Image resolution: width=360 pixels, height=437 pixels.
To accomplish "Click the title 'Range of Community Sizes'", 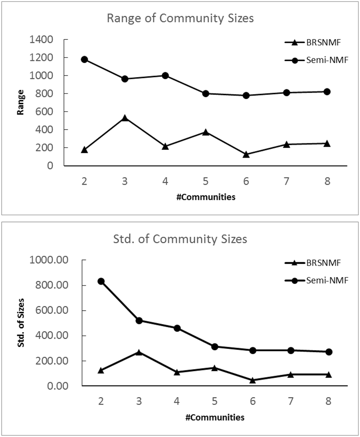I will (x=180, y=19).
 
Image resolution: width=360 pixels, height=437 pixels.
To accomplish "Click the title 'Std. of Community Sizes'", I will (x=180, y=239).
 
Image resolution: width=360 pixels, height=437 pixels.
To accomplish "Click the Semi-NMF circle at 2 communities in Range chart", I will (x=85, y=59).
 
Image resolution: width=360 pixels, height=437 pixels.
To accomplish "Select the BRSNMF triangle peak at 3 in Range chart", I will (x=125, y=118).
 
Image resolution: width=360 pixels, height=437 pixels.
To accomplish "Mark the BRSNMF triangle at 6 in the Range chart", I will (x=246, y=154).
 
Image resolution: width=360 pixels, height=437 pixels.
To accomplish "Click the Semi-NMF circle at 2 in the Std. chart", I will (x=101, y=281).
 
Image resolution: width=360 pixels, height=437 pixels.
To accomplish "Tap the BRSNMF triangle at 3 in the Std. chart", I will (x=139, y=352).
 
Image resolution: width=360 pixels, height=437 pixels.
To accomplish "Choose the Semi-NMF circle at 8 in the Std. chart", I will (x=328, y=352).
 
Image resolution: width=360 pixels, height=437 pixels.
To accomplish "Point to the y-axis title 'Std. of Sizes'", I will (x=21, y=323).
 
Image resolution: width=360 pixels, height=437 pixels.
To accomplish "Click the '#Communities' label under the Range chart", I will (x=206, y=197).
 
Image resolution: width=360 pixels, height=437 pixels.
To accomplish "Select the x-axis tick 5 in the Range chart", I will (x=206, y=181).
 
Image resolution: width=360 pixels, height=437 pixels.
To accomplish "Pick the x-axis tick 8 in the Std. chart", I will (x=328, y=401).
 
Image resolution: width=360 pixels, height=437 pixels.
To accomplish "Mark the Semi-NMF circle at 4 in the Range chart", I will (x=165, y=76).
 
